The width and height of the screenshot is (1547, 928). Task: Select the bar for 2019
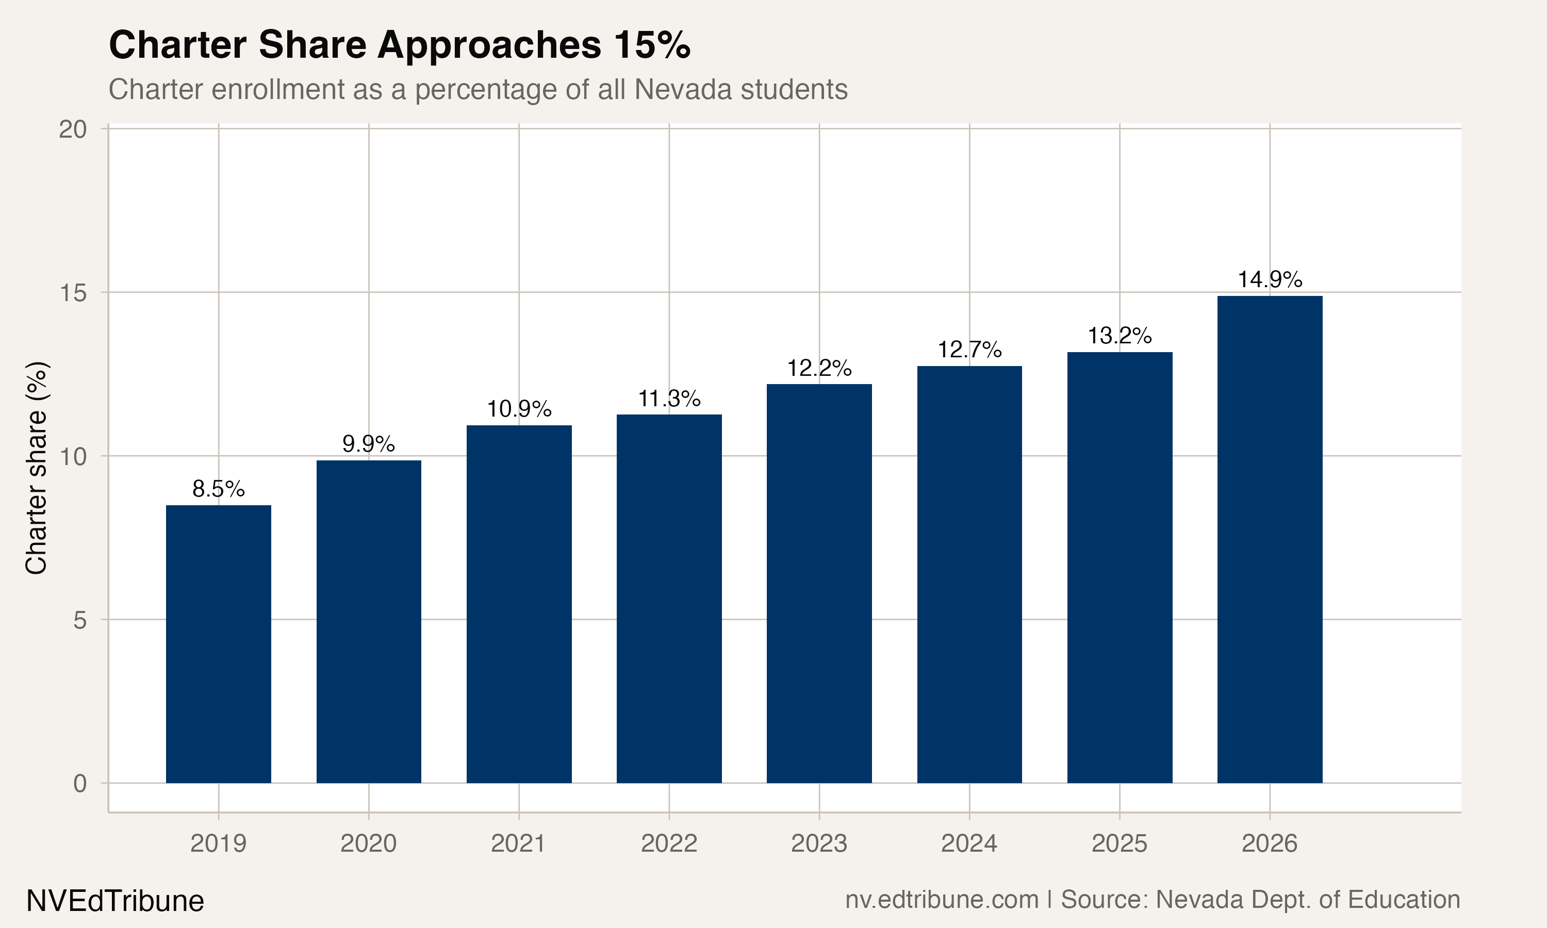coord(218,644)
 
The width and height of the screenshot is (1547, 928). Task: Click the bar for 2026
coord(1270,539)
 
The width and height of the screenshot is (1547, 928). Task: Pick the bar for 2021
coord(518,604)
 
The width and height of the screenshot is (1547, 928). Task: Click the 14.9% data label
coord(1270,279)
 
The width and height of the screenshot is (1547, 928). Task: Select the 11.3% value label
coord(668,399)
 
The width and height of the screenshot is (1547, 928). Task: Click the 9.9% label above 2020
coord(368,444)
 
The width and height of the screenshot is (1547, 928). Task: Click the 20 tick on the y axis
coord(73,129)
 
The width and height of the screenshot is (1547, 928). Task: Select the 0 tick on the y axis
coord(80,783)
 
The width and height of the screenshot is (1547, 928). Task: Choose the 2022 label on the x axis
coord(668,843)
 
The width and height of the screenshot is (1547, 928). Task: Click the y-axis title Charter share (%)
coord(36,468)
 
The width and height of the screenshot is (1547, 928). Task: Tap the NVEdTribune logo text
coord(115,901)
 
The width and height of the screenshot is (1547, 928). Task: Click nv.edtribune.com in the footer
coord(941,900)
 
